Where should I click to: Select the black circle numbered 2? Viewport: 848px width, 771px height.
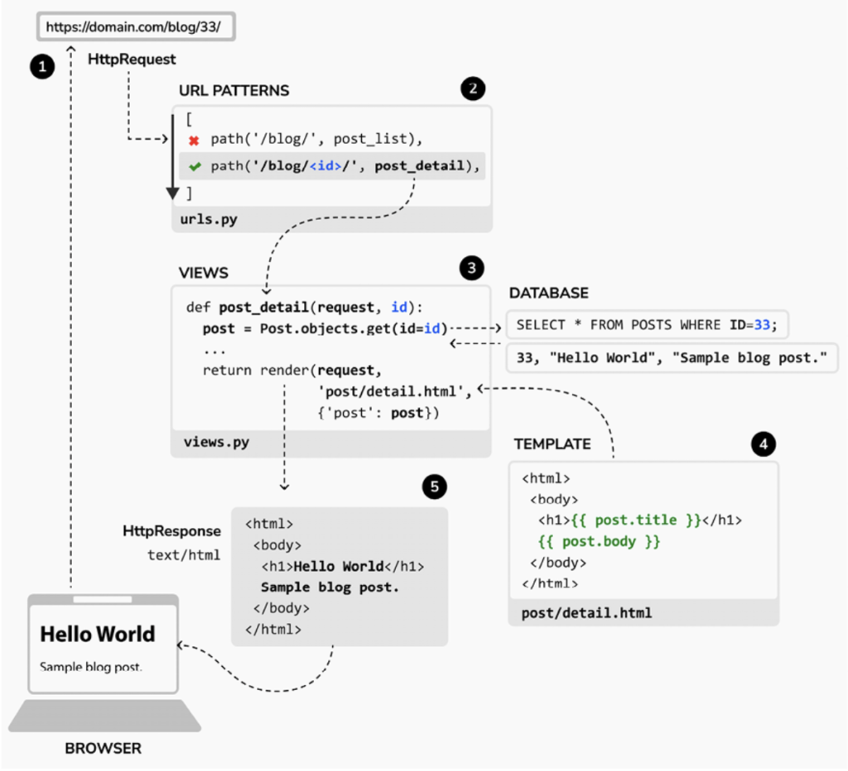(473, 89)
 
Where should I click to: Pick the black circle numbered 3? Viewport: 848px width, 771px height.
(472, 268)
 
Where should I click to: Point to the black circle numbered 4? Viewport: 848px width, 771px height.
(764, 444)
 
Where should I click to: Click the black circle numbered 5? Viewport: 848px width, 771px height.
(432, 487)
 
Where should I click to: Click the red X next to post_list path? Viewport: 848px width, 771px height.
(195, 141)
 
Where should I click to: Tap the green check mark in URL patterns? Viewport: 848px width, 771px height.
(195, 166)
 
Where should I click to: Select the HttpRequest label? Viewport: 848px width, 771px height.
(132, 60)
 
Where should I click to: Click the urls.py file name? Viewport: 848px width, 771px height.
(208, 219)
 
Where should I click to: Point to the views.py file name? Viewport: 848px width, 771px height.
(215, 443)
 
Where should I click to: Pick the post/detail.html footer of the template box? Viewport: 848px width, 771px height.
(586, 613)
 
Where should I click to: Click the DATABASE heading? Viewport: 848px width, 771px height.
(549, 294)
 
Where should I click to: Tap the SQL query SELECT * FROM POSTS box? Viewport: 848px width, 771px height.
(646, 325)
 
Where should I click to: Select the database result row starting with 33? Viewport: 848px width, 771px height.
(672, 359)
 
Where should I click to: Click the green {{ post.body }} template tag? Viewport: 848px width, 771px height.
(600, 542)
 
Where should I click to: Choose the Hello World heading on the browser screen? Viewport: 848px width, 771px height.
(98, 635)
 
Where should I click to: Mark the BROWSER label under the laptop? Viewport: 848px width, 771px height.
(104, 749)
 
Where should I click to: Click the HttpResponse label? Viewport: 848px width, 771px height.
(171, 531)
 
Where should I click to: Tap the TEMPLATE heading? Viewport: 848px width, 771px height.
(552, 444)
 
